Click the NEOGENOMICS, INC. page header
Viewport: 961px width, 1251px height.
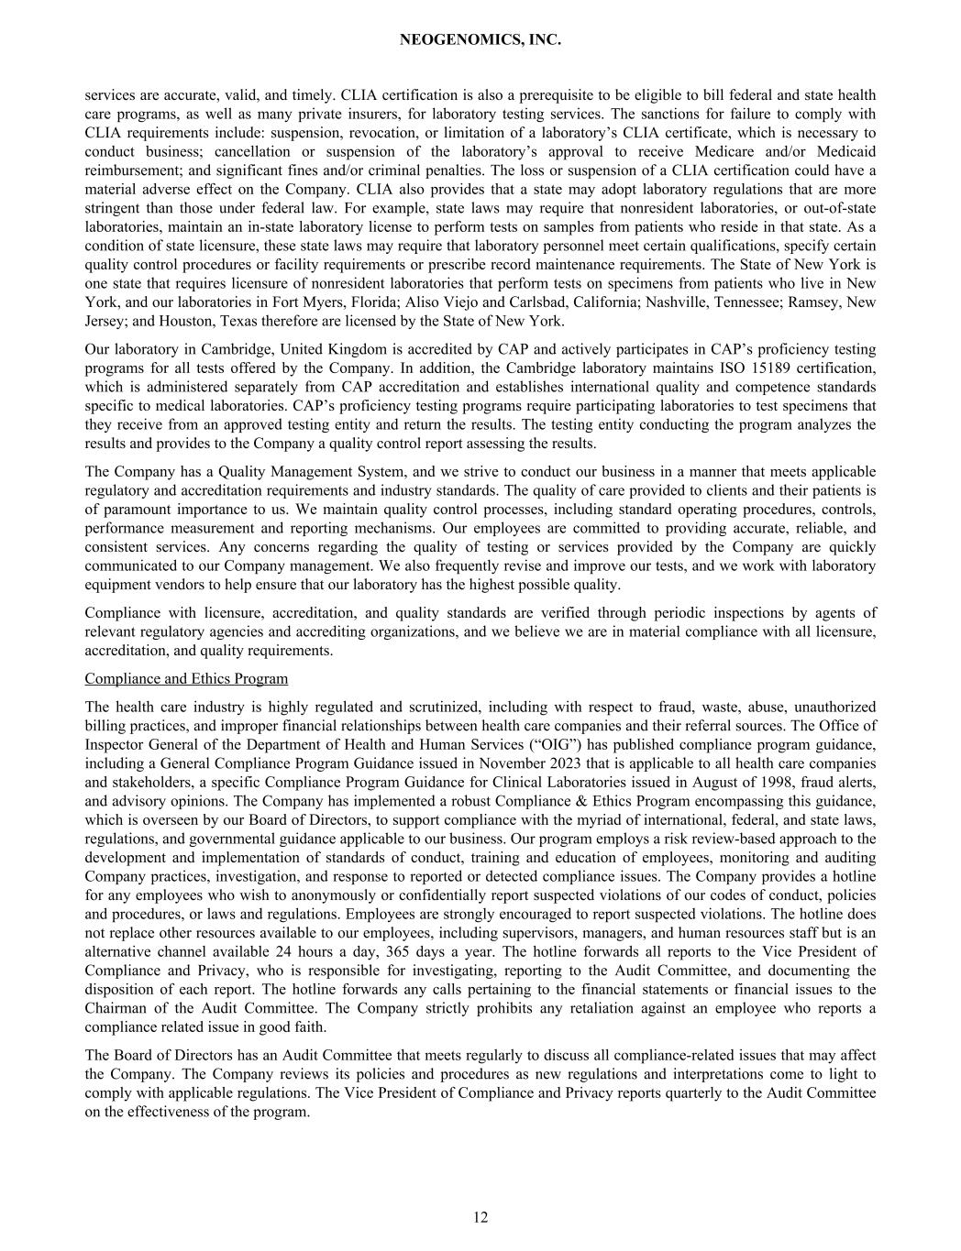pyautogui.click(x=480, y=40)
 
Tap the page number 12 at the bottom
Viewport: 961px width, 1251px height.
pyautogui.click(x=480, y=1217)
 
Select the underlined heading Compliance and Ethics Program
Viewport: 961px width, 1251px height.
pyautogui.click(x=186, y=679)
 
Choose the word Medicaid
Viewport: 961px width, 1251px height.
pyautogui.click(x=845, y=151)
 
